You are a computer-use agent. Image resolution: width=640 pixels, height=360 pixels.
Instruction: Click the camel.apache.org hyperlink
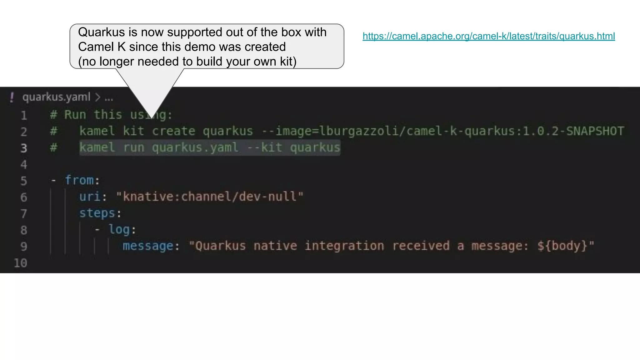point(488,36)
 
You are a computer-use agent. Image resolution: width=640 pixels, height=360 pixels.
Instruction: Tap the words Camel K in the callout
point(102,47)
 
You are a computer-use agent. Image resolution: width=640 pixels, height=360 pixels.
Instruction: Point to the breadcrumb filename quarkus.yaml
point(56,97)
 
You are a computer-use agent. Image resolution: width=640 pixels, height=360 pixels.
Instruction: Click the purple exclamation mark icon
point(12,97)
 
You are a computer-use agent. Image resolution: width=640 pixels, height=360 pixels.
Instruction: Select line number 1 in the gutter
point(24,116)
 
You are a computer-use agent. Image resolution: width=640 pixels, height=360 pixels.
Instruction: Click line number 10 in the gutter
point(21,263)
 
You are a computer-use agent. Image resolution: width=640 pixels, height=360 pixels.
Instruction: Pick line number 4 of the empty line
point(24,164)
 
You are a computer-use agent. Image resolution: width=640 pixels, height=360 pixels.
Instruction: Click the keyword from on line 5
point(79,180)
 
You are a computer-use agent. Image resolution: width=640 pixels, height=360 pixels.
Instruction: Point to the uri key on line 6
point(90,197)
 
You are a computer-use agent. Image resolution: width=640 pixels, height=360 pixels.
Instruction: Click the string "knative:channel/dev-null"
point(210,197)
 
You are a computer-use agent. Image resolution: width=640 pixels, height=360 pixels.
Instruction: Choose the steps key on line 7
point(97,213)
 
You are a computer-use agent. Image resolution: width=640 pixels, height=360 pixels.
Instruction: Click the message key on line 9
point(148,246)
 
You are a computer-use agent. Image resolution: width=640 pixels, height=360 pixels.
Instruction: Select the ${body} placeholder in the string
point(562,246)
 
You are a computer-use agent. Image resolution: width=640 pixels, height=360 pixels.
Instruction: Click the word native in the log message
point(275,246)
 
